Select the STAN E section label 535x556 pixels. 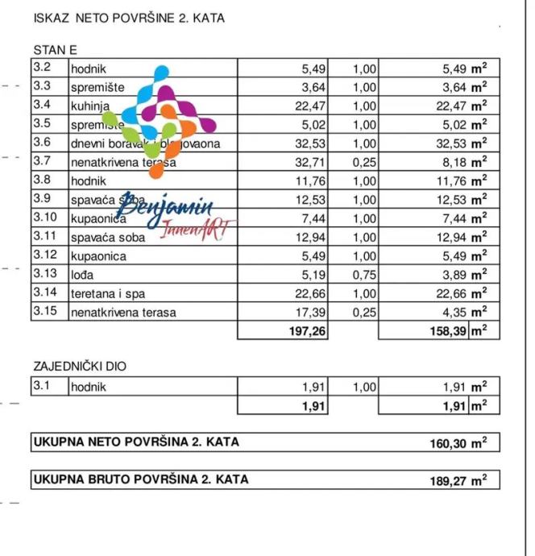(x=56, y=50)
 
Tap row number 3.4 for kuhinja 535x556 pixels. (x=42, y=105)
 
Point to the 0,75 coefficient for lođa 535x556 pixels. (x=364, y=274)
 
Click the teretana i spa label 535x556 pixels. (x=111, y=293)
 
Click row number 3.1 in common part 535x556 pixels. (x=42, y=387)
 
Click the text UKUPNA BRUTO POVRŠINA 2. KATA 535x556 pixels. (x=141, y=479)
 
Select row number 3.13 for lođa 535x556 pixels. (x=44, y=274)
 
